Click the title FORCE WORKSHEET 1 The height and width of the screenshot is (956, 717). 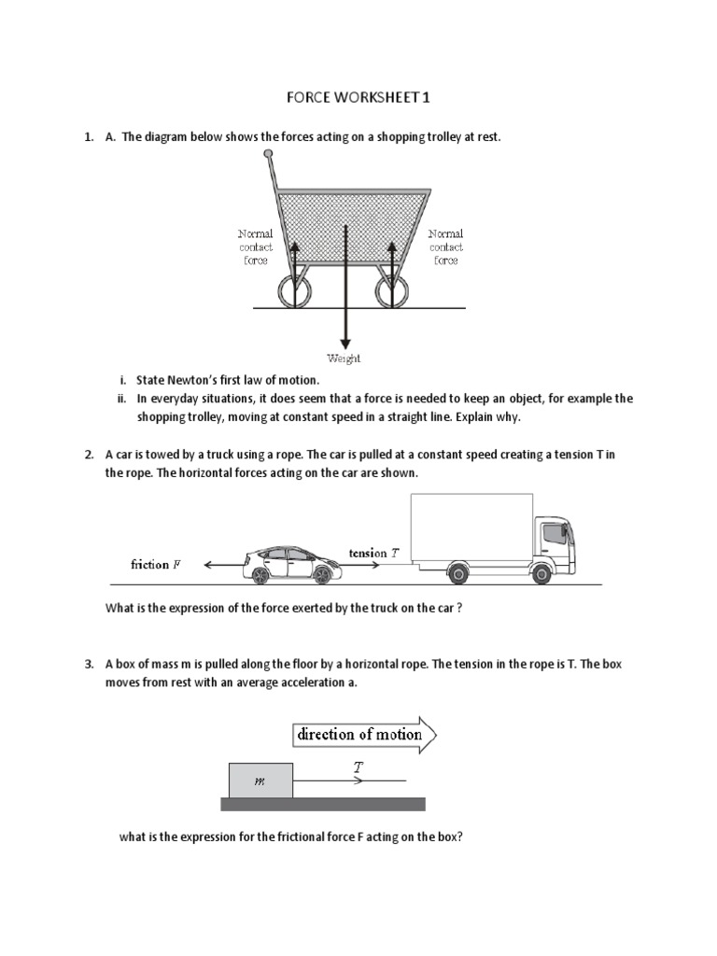358,97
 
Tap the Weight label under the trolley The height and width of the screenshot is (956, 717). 344,358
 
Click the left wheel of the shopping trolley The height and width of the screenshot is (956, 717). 298,292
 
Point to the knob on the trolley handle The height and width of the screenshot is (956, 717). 269,152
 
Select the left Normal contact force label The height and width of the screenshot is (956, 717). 255,247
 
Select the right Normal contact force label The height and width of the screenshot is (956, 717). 445,247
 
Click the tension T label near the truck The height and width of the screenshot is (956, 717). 373,554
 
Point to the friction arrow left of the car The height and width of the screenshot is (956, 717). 222,565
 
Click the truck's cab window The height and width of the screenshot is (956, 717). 553,532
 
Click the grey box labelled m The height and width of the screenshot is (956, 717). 260,780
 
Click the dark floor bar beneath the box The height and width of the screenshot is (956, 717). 322,804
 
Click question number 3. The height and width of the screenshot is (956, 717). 89,665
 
